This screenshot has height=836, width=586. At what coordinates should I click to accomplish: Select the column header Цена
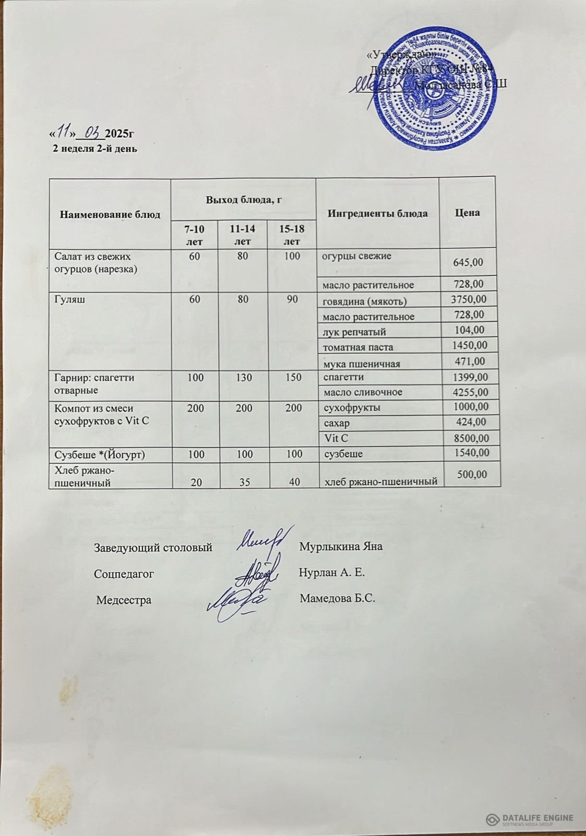pyautogui.click(x=467, y=213)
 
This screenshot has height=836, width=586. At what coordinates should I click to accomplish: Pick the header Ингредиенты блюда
pyautogui.click(x=378, y=213)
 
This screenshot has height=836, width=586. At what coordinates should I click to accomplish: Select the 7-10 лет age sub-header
pyautogui.click(x=194, y=235)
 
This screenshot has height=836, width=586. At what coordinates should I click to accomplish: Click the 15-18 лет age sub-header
pyautogui.click(x=292, y=235)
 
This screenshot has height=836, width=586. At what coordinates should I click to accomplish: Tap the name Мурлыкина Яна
pyautogui.click(x=341, y=547)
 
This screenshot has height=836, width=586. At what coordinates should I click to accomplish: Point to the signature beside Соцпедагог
pyautogui.click(x=256, y=573)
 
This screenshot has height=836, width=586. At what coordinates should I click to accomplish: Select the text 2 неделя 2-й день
pyautogui.click(x=95, y=148)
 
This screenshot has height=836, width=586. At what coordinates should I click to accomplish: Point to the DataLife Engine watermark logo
pyautogui.click(x=529, y=820)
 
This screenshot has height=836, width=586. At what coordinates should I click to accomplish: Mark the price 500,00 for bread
pyautogui.click(x=472, y=474)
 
